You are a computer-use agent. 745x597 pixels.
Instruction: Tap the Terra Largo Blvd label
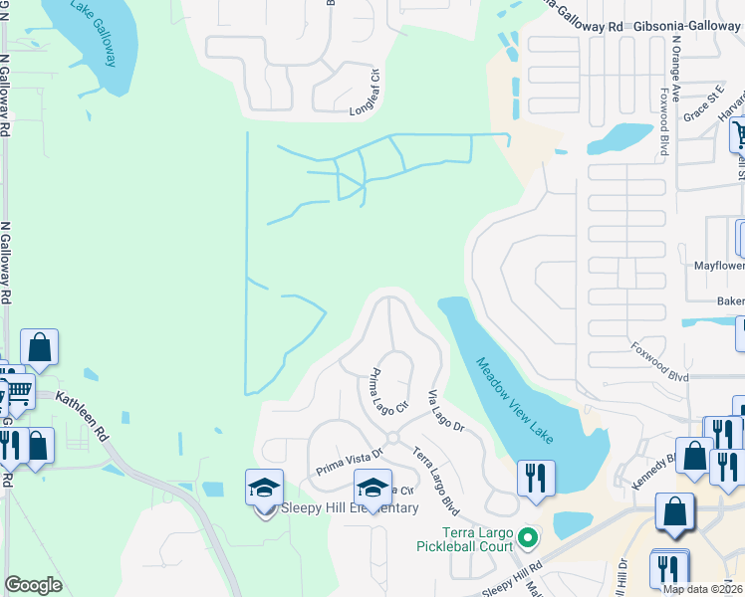pos(435,470)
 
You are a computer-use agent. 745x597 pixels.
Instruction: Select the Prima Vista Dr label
pos(350,455)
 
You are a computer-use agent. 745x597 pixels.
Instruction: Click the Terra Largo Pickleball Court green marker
pos(529,540)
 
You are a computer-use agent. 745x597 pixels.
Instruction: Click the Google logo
pos(33,585)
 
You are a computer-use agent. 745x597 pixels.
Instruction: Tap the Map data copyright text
pos(703,589)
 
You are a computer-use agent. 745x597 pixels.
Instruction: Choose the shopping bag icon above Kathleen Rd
pos(40,346)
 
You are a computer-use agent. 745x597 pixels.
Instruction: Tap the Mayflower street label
pos(719,266)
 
